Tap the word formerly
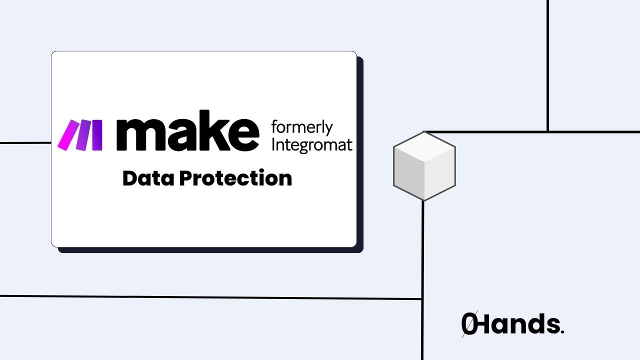tap(301, 128)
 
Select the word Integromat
tap(311, 145)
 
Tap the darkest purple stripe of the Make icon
tap(97, 135)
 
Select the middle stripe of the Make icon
tap(83, 135)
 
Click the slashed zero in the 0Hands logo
tap(469, 324)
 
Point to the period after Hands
tap(562, 331)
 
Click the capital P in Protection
tap(186, 178)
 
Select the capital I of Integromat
tap(272, 145)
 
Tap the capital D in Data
tap(130, 178)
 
